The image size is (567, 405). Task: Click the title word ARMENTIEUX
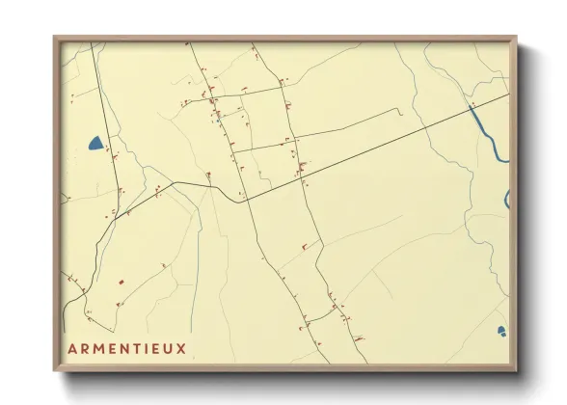[x=127, y=347]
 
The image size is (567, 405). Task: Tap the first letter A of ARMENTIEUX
[x=72, y=347]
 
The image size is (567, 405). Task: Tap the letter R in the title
[x=84, y=347]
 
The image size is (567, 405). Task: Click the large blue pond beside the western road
[x=95, y=144]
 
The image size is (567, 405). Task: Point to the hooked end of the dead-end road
[x=399, y=113]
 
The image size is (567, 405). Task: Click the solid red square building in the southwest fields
[x=121, y=282]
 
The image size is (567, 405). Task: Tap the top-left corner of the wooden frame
[x=55, y=38]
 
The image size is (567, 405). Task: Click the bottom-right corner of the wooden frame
[x=516, y=370]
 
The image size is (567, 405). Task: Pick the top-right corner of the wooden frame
[x=516, y=38]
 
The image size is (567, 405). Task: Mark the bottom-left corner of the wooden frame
[x=55, y=370]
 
